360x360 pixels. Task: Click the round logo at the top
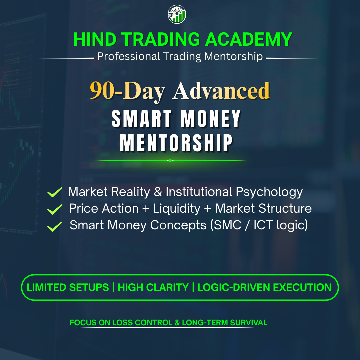coord(177,14)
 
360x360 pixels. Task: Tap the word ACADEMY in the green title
coord(248,39)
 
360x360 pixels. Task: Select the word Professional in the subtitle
coord(129,56)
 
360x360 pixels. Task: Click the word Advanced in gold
coord(221,91)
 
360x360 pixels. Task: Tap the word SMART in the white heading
coord(141,119)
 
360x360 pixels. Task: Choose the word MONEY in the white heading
coord(210,119)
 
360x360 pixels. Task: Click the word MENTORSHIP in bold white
coord(176,143)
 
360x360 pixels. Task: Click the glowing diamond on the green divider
coord(170,160)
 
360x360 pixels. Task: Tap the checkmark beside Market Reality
coord(55,192)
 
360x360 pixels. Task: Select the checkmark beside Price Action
coord(55,209)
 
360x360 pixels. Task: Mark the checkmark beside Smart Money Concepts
coord(55,226)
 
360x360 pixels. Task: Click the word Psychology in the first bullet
coord(269,192)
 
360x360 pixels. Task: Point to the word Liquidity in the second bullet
coord(177,209)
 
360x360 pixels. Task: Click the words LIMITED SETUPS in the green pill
coord(68,287)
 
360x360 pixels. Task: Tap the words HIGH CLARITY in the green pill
coord(153,287)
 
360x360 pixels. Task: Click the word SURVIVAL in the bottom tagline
coord(248,323)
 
